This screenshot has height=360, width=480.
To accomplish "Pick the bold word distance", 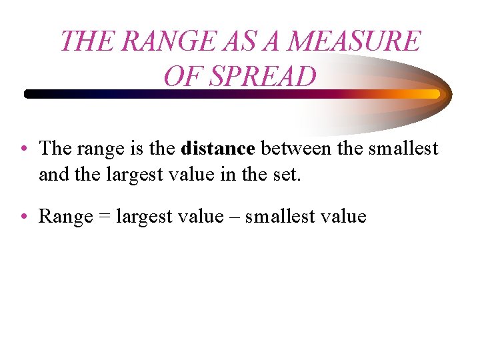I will [217, 148].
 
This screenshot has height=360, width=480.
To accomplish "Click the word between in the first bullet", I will [296, 148].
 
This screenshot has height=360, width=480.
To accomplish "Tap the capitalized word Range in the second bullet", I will [65, 217].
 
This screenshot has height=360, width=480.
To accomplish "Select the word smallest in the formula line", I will [277, 217].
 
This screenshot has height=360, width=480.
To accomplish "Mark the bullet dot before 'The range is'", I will [23, 148].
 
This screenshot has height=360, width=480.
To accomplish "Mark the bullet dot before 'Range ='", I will [23, 217].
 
